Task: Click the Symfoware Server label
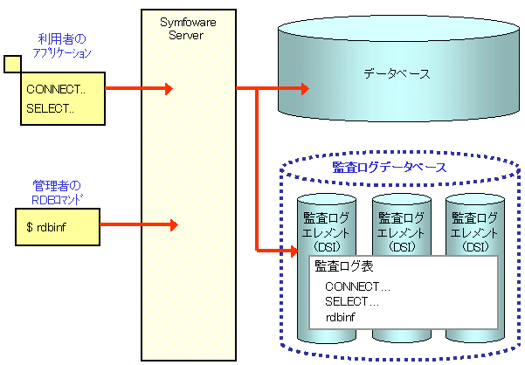pyautogui.click(x=188, y=29)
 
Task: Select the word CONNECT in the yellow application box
pyautogui.click(x=53, y=89)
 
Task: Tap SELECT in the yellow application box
pyautogui.click(x=47, y=108)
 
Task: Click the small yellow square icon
pyautogui.click(x=12, y=64)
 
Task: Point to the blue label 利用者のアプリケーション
pyautogui.click(x=62, y=45)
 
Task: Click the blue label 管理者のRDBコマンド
pyautogui.click(x=57, y=192)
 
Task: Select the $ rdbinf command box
pyautogui.click(x=58, y=227)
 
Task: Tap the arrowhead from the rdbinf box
pyautogui.click(x=174, y=224)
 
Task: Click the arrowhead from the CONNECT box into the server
pyautogui.click(x=169, y=89)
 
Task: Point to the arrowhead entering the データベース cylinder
pyautogui.click(x=305, y=89)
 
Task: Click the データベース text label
pyautogui.click(x=397, y=73)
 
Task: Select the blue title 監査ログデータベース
pyautogui.click(x=390, y=168)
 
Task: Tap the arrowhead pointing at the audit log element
pyautogui.click(x=295, y=251)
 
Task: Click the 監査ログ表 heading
pyautogui.click(x=344, y=266)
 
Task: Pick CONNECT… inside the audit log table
pyautogui.click(x=357, y=286)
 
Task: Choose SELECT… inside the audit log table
pyautogui.click(x=352, y=302)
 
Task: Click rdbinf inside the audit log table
pyautogui.click(x=340, y=317)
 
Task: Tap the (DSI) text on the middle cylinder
pyautogui.click(x=402, y=247)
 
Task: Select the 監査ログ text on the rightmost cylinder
pyautogui.click(x=475, y=217)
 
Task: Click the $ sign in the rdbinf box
pyautogui.click(x=30, y=227)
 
